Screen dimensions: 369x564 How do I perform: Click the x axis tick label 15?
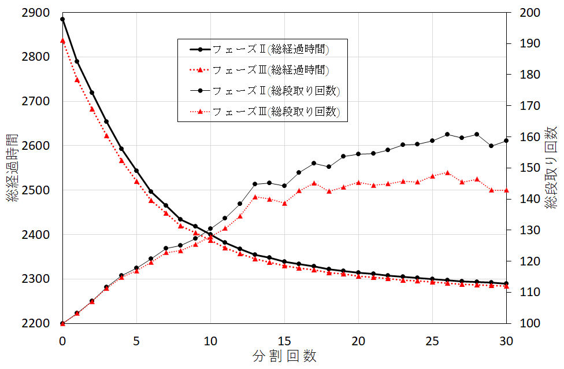284,341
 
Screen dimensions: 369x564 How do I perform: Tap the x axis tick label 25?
432,341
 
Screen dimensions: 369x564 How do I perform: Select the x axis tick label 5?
136,341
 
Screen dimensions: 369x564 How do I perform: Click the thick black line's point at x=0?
62,19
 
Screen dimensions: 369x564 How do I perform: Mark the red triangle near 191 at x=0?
62,40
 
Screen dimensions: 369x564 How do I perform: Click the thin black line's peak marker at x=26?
447,134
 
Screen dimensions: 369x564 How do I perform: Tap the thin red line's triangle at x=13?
255,197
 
